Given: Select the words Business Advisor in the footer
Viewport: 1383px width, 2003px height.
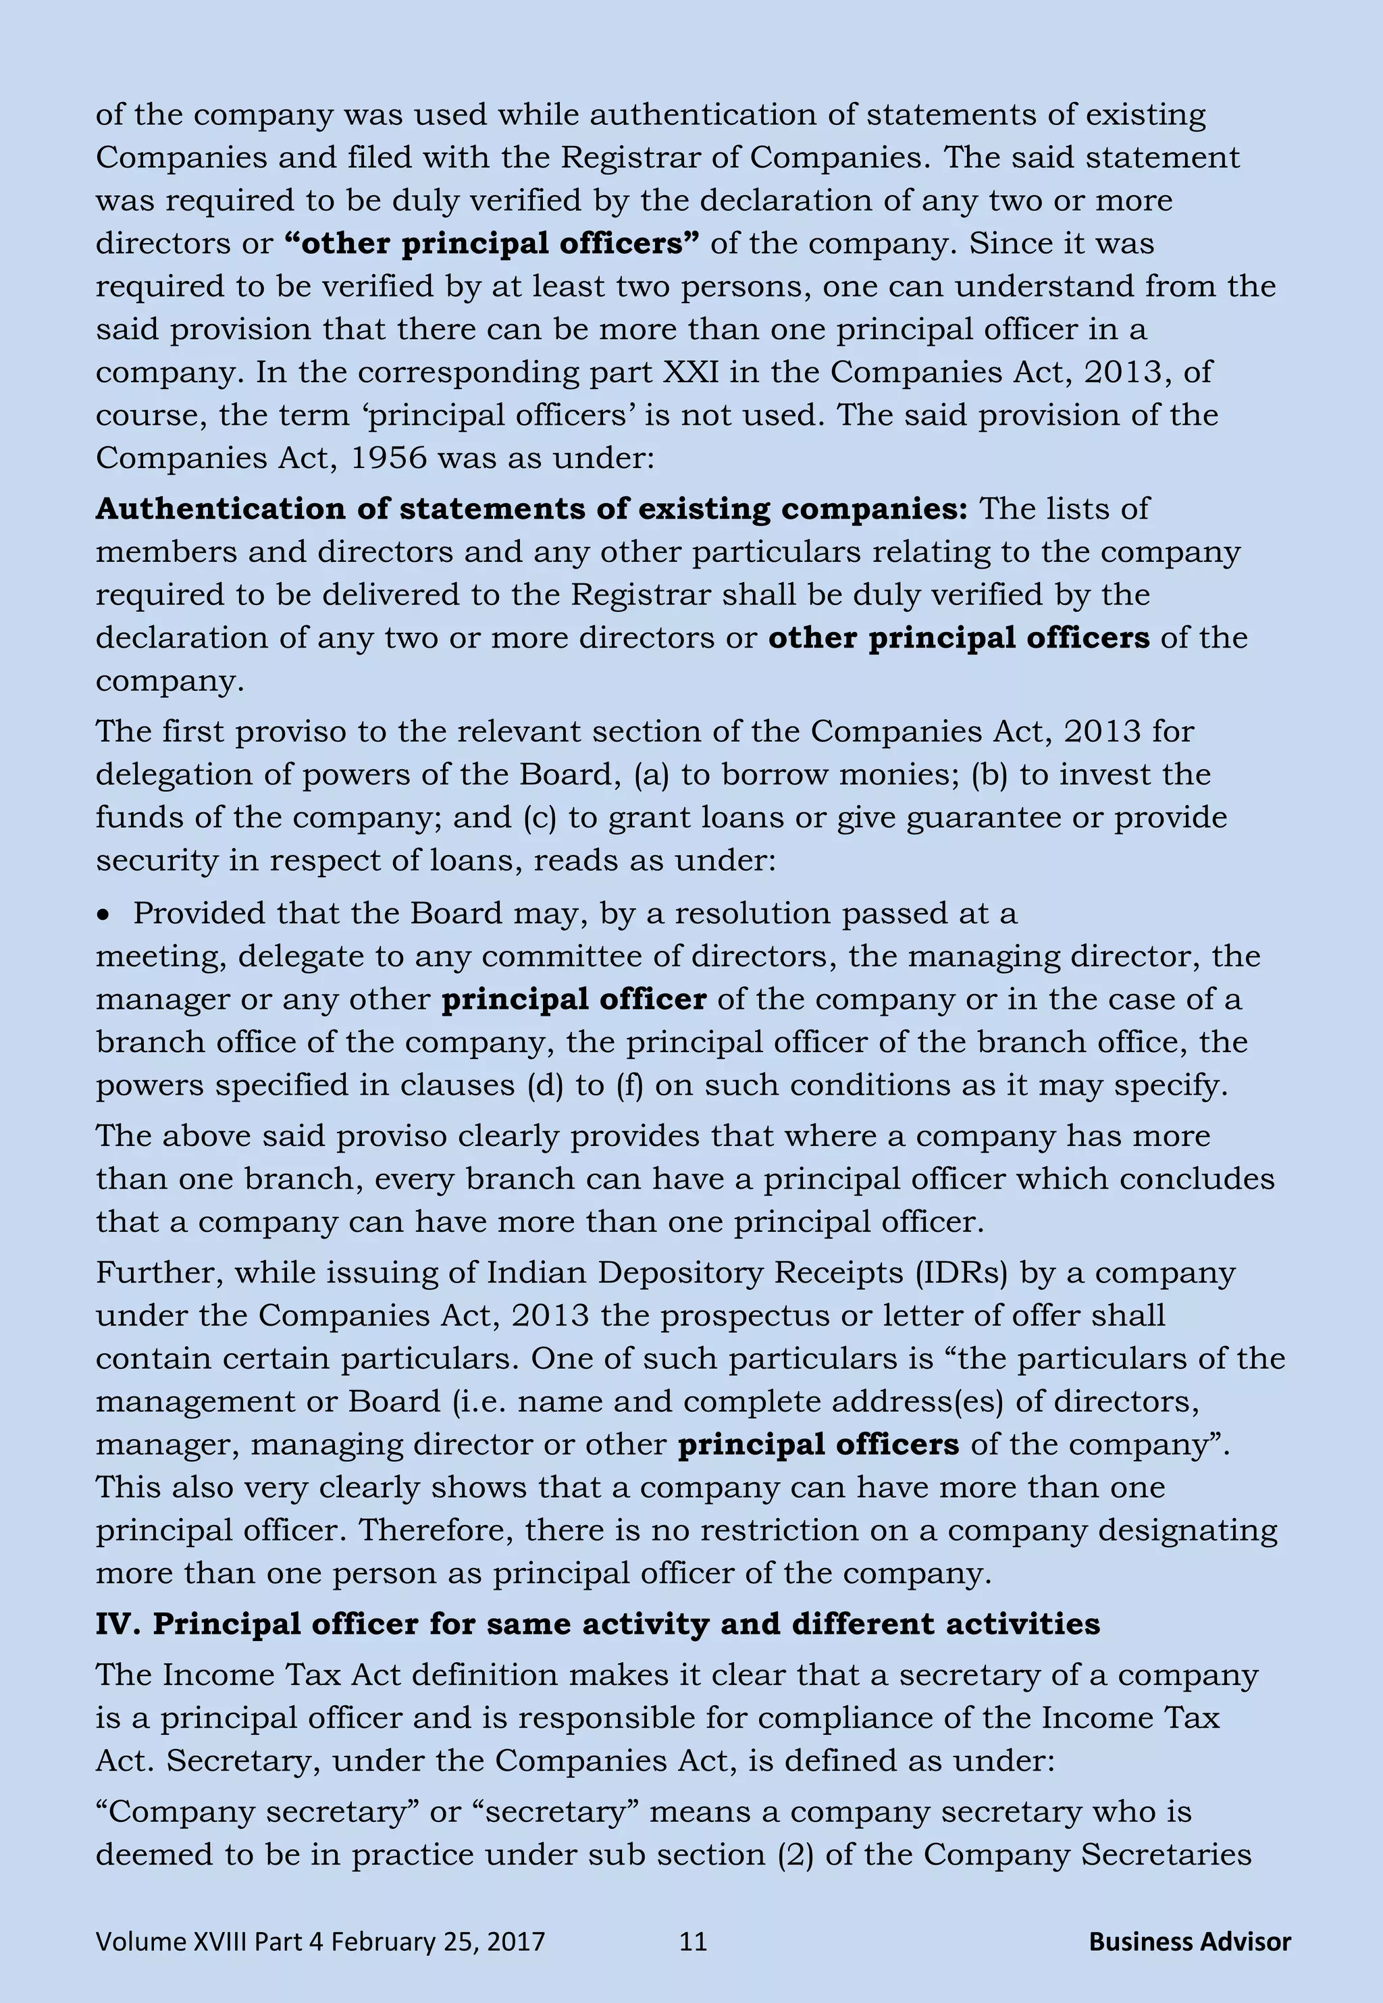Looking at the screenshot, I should click(x=1189, y=1942).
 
